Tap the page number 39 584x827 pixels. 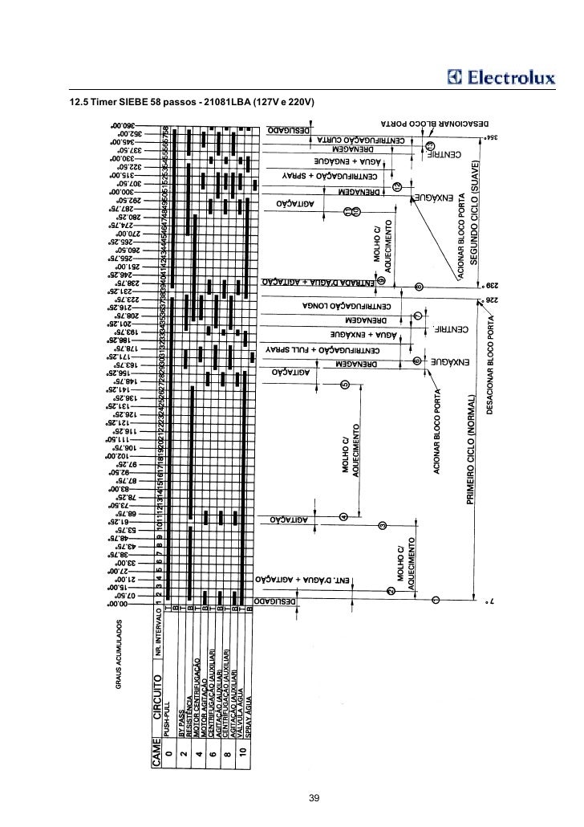coord(314,797)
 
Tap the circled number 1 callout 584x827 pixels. coord(436,600)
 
